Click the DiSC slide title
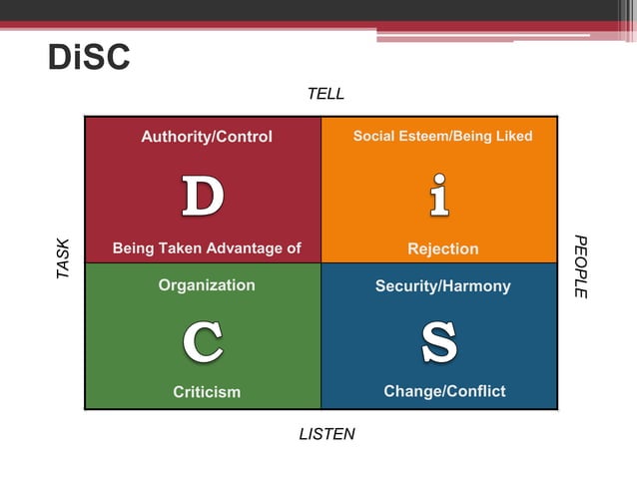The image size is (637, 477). coord(89,58)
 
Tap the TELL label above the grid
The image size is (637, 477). coord(325,94)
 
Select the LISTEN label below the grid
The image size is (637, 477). coord(326,434)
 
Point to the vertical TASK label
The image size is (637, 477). coord(64,257)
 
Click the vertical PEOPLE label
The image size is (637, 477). coord(581,266)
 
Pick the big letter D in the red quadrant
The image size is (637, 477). coord(203,196)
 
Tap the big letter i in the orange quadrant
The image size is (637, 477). coord(438,196)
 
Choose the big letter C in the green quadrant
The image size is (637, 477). coord(203,342)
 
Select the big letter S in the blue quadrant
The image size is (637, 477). coord(439,342)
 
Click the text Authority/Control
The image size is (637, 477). coord(207,137)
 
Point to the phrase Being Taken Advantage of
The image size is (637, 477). coord(207,248)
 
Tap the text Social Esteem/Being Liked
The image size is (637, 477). coord(442,136)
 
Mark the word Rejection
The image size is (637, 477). coord(443,248)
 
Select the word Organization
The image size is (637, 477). coord(207,285)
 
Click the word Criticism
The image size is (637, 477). coord(207,392)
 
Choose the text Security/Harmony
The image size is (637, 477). coord(442,286)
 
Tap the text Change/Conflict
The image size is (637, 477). coord(444,391)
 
